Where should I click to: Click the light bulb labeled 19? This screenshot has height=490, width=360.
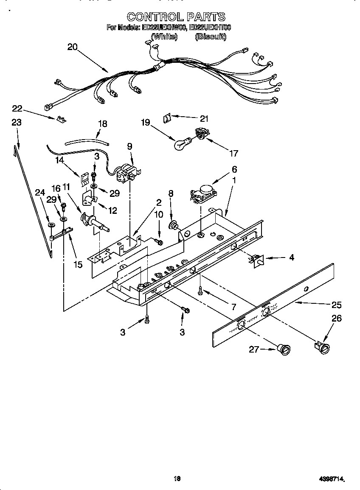(181, 144)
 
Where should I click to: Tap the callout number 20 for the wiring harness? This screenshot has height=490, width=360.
(73, 47)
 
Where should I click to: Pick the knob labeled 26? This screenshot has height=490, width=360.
(323, 347)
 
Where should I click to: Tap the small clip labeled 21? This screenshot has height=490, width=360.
(167, 118)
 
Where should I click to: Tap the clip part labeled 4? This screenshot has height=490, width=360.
(257, 260)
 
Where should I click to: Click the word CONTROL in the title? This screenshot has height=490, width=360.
(153, 17)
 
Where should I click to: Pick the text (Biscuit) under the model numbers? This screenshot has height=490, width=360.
(211, 37)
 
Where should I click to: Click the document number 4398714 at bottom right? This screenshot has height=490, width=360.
(331, 479)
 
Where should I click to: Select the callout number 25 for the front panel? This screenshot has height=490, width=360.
(336, 305)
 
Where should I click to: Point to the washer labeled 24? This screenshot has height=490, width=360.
(51, 225)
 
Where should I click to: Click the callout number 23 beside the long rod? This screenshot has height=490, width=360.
(16, 122)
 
